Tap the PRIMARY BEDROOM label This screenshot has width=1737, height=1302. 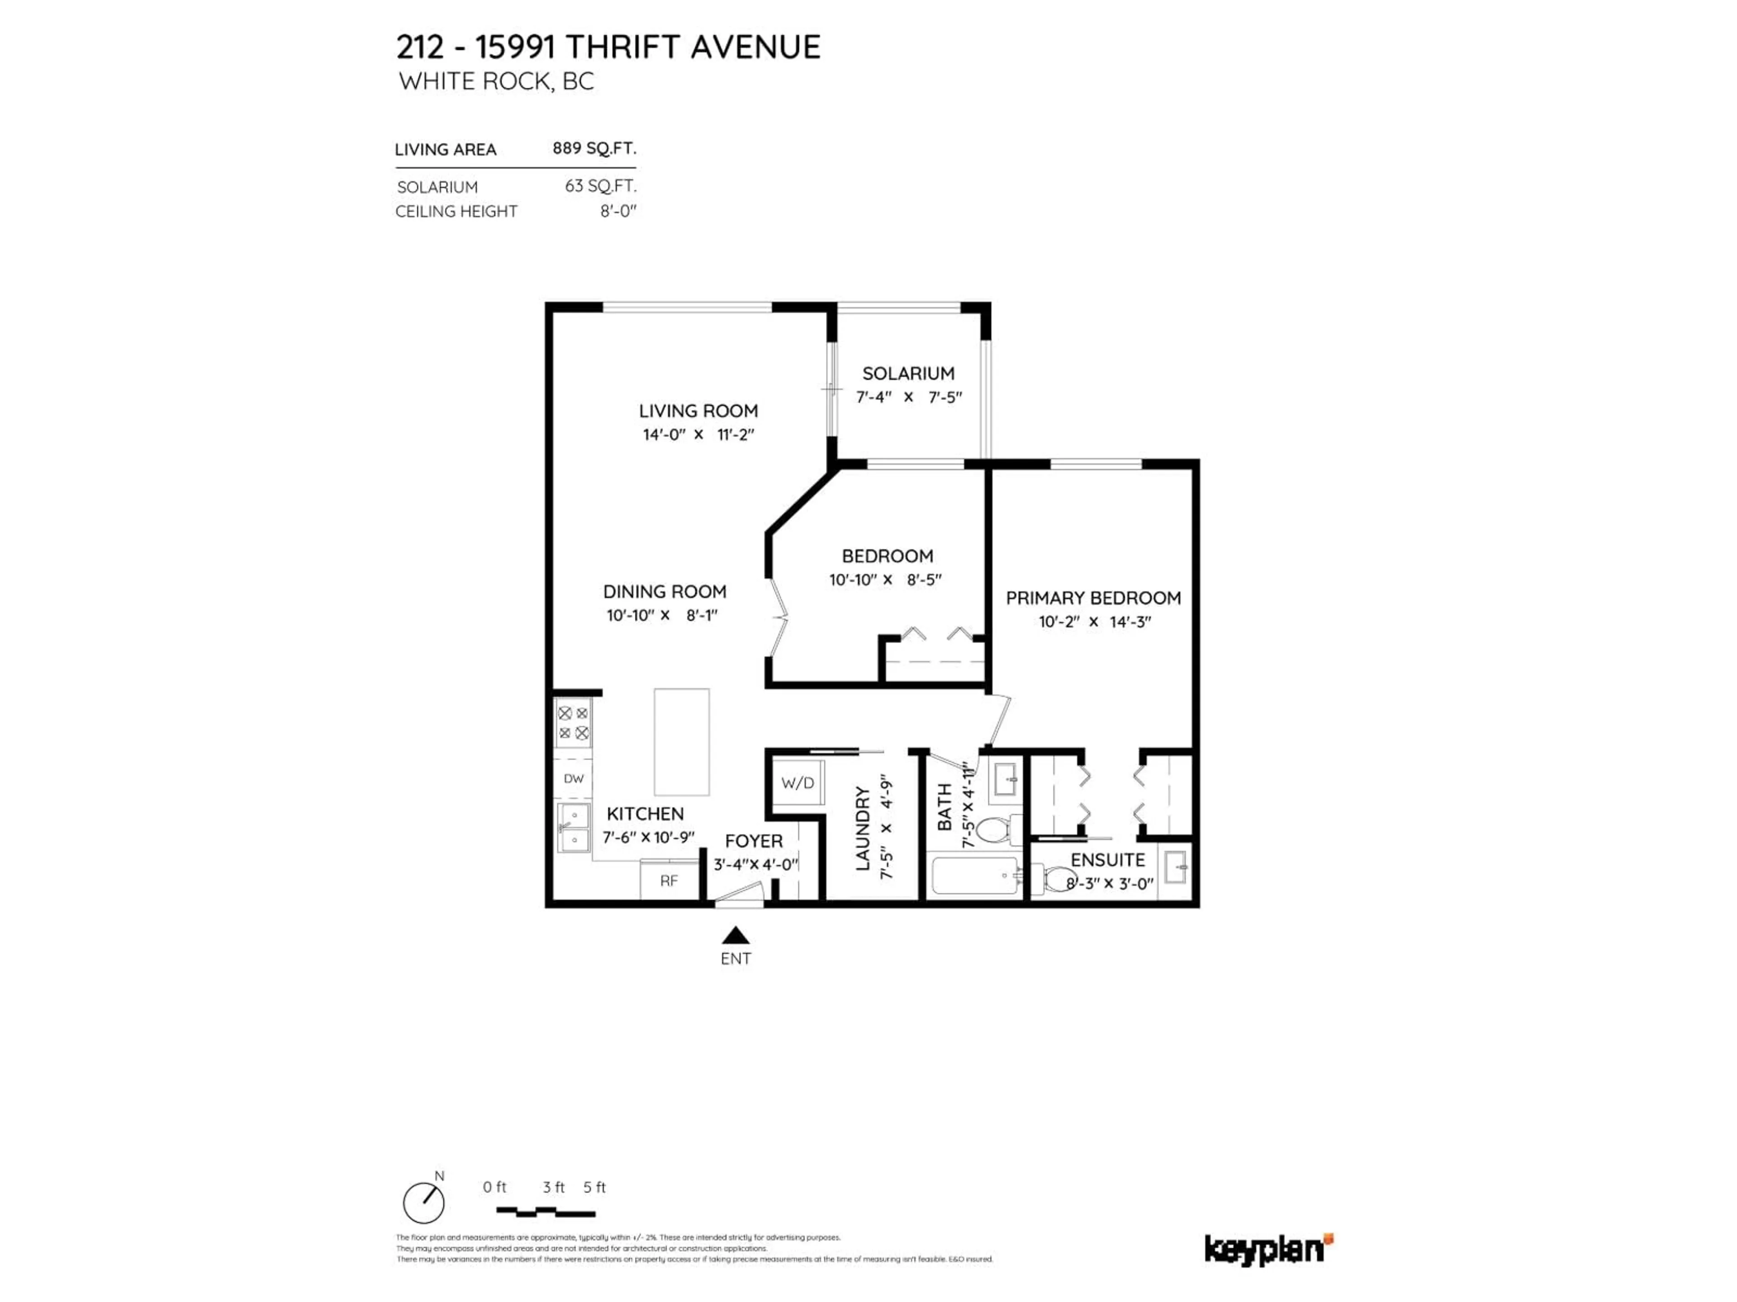coord(1093,598)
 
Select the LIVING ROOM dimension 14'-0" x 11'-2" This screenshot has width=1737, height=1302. coord(698,434)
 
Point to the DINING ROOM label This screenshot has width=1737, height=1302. coord(664,592)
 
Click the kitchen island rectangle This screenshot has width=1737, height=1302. coord(682,742)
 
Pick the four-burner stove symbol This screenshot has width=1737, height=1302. coord(573,724)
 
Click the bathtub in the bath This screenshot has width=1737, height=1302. coord(974,876)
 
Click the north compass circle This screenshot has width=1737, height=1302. coord(423,1203)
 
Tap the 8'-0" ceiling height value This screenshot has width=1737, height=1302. coord(618,211)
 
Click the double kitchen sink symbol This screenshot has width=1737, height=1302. coord(573,828)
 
